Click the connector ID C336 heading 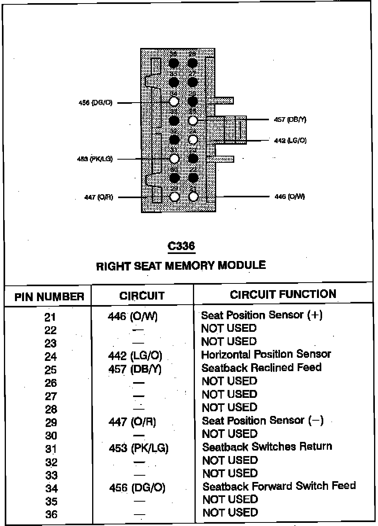tap(181, 246)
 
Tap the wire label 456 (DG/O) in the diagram tap(95, 103)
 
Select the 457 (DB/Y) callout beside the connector tap(290, 120)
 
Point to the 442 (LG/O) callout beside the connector tap(290, 140)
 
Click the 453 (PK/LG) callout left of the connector tap(95, 159)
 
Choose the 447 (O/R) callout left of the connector tap(98, 197)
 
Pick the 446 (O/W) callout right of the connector tap(289, 197)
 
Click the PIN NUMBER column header tap(49, 296)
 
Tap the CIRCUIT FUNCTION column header tap(283, 294)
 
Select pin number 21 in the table tap(50, 317)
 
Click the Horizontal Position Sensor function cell tap(266, 355)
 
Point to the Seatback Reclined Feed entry tap(261, 368)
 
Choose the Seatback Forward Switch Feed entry tap(279, 486)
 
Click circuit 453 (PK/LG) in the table tap(138, 448)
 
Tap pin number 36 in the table tap(51, 514)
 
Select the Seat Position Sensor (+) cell tap(262, 315)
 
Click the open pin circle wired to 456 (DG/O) tap(174, 102)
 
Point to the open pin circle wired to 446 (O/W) tap(193, 196)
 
